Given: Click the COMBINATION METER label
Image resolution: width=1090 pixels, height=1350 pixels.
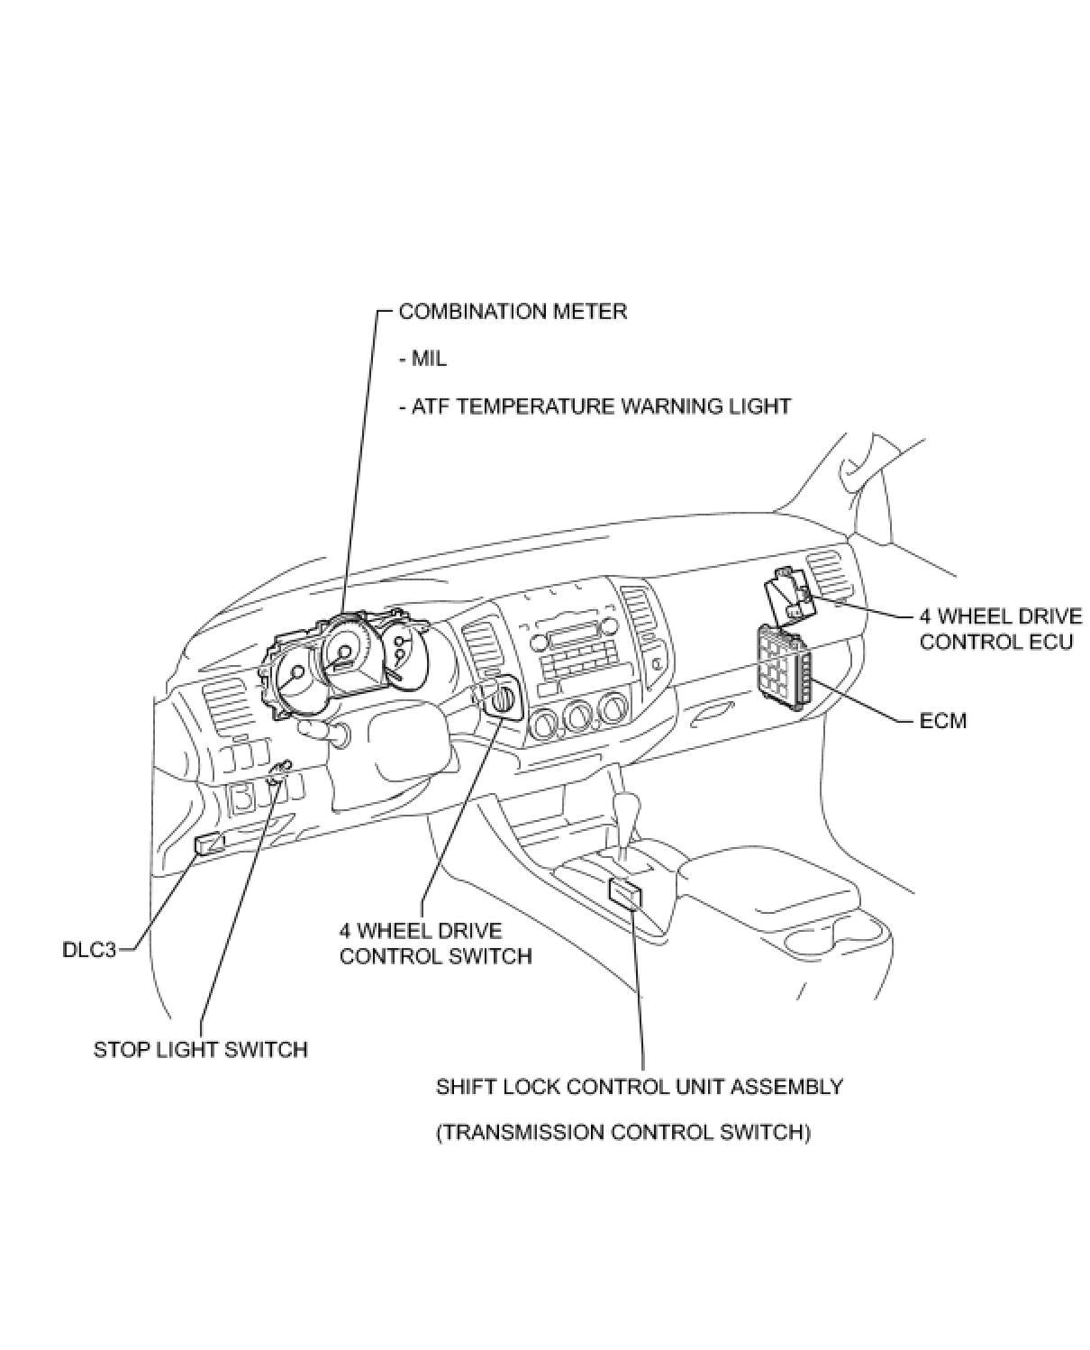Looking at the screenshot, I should point(512,312).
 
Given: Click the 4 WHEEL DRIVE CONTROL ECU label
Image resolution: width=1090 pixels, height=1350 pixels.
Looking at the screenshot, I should point(1000,630).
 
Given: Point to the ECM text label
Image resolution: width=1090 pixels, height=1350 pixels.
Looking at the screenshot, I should point(942,721).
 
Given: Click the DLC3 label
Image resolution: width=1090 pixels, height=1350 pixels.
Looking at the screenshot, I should point(89,950).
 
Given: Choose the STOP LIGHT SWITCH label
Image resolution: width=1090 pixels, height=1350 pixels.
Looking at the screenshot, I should point(201,1050).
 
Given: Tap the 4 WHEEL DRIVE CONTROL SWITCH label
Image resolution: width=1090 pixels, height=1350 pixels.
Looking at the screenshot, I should point(435,944).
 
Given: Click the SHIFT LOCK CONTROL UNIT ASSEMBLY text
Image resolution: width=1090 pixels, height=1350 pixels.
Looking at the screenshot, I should point(640,1087).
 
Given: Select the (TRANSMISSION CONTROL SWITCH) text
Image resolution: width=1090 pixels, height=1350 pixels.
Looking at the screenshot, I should point(623,1133).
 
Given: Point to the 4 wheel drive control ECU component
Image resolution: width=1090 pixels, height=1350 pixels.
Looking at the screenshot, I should point(789,596).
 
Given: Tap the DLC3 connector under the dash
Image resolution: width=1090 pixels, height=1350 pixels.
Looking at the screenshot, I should point(208,844).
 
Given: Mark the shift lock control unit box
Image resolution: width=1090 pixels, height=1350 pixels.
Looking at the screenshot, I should point(625,893).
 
